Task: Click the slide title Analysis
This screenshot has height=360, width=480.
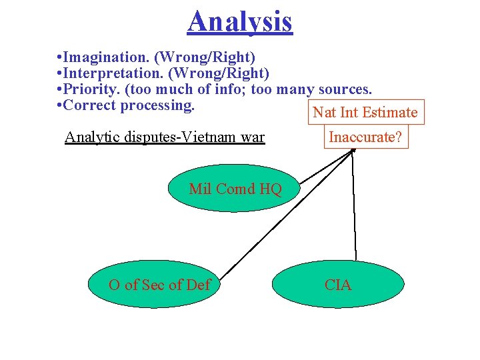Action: pyautogui.click(x=239, y=21)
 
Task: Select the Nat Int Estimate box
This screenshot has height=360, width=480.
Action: pyautogui.click(x=365, y=112)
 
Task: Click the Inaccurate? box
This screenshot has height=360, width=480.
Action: pyautogui.click(x=365, y=138)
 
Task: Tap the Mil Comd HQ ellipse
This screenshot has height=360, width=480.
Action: pyautogui.click(x=235, y=189)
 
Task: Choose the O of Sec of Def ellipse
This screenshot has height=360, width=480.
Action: pyautogui.click(x=160, y=285)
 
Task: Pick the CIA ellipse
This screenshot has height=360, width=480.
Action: pyautogui.click(x=337, y=285)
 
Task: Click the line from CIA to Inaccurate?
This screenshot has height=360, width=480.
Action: pyautogui.click(x=354, y=203)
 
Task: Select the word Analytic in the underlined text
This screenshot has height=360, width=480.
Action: pyautogui.click(x=91, y=138)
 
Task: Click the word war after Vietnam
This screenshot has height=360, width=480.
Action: pyautogui.click(x=253, y=138)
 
